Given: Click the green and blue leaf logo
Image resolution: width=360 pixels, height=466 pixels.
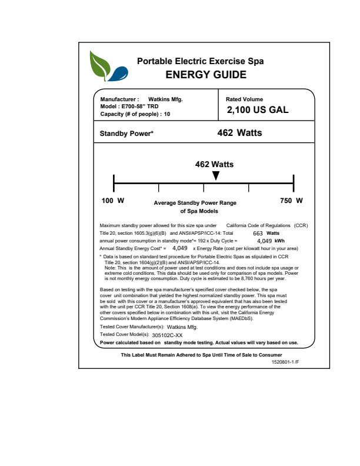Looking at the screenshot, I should pos(108,66).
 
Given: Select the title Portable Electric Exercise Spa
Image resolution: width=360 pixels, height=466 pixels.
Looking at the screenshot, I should pos(200,61).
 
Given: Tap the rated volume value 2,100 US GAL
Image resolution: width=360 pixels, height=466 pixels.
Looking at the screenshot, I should pos(258,110).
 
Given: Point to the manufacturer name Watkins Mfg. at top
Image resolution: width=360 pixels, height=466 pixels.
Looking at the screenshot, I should pos(165,99).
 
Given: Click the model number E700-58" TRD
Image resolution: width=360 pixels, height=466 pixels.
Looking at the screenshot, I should pos(139,106).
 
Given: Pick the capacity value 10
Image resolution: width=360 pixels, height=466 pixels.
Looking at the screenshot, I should pos(167,114).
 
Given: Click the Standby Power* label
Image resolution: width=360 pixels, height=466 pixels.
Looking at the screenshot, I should pos(126,134).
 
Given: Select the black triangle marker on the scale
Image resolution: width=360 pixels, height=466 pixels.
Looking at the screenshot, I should pos(216,176).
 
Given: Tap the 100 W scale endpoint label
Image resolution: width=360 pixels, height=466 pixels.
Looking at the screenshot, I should pos(113,201).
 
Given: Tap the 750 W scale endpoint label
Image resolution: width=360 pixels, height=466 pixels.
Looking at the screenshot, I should pos(291,201).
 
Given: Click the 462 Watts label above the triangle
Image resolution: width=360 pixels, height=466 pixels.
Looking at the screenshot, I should pos(214,164).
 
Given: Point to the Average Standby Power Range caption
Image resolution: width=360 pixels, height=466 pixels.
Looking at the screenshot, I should pos(195,203).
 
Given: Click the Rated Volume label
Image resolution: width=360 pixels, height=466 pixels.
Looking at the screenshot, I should pos(245,99).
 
